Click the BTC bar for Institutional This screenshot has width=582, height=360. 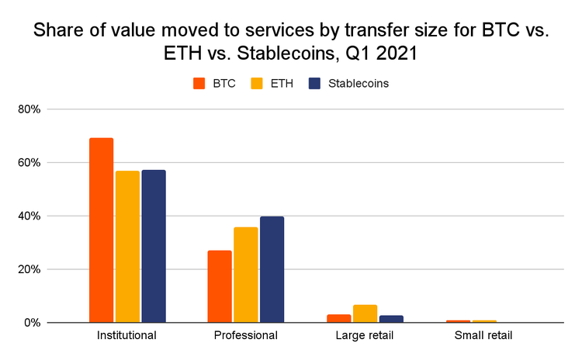tap(101, 230)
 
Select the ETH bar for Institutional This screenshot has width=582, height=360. tap(127, 247)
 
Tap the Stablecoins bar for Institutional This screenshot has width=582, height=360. tap(154, 246)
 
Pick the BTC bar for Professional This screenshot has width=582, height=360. tap(220, 286)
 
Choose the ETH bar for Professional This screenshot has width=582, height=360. tap(246, 275)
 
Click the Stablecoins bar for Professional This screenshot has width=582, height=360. tap(272, 269)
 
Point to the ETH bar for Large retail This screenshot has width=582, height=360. tap(365, 313)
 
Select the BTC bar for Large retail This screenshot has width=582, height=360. tap(338, 318)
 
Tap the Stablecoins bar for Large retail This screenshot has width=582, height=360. tap(391, 319)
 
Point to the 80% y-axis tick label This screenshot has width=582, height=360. tap(29, 109)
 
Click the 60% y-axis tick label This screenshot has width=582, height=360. tap(29, 163)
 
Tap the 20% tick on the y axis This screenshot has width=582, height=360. tap(29, 269)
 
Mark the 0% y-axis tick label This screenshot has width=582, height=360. tap(32, 323)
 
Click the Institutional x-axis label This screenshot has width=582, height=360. tap(127, 336)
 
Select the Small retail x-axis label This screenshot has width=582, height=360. tap(483, 336)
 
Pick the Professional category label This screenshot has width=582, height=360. tap(246, 336)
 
